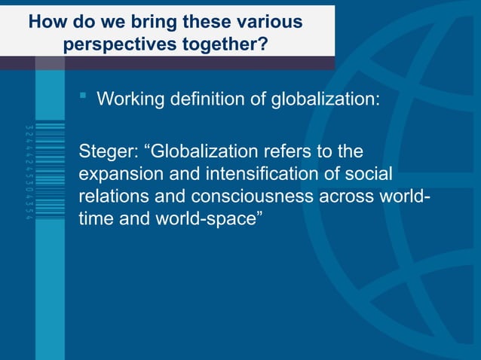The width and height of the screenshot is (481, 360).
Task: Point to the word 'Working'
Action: coord(130,99)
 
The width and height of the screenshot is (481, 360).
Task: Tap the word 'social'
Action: coord(369,175)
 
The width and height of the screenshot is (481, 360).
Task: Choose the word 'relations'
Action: coord(111,197)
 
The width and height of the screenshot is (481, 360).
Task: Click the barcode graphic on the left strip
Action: coord(51,173)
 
